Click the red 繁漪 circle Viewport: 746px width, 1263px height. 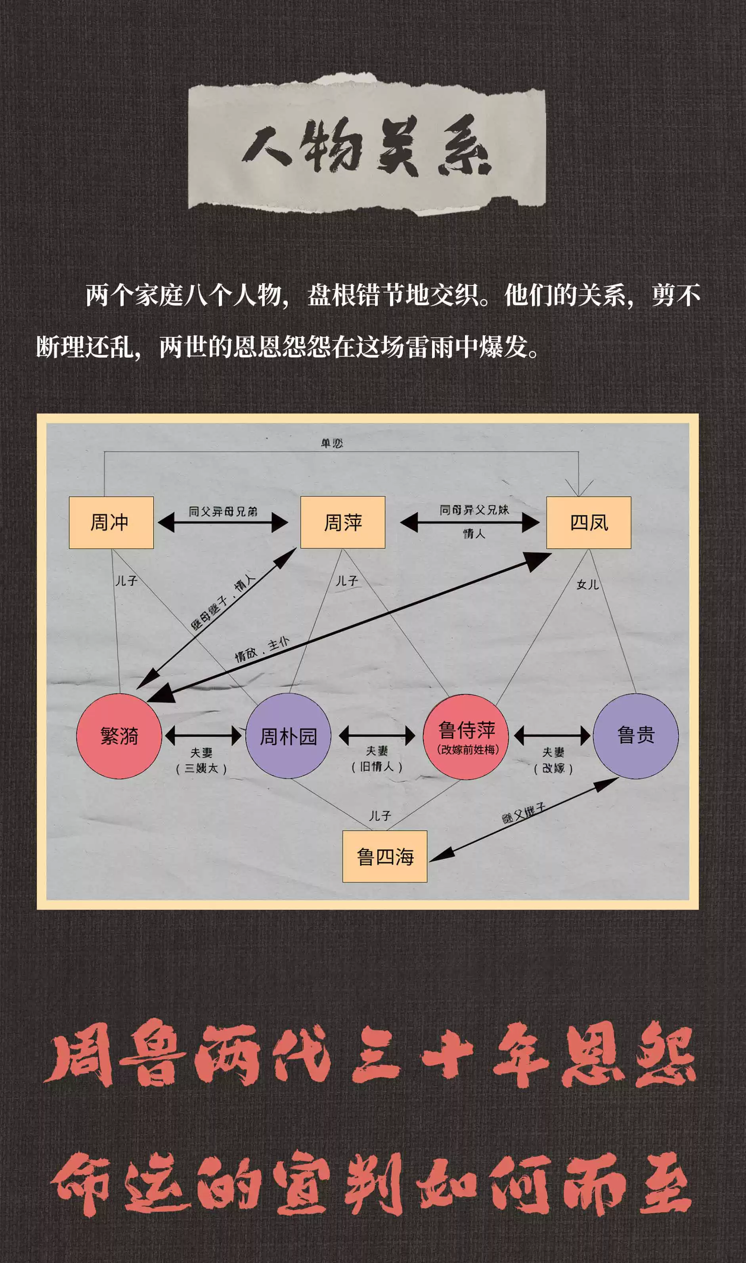pos(119,736)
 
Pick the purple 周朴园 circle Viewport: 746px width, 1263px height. pos(288,736)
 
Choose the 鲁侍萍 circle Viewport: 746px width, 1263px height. pos(466,736)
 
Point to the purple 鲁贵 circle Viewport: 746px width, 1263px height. pos(635,736)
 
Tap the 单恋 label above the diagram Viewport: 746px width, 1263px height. pos(332,443)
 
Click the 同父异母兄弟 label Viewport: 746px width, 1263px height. pos(223,511)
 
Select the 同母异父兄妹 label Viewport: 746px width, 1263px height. pos(474,510)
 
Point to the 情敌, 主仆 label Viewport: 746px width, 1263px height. pos(262,649)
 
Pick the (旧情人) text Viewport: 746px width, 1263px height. pos(377,766)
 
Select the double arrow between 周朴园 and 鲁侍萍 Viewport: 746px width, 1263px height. pos(377,736)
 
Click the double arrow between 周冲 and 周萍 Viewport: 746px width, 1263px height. pos(223,523)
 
